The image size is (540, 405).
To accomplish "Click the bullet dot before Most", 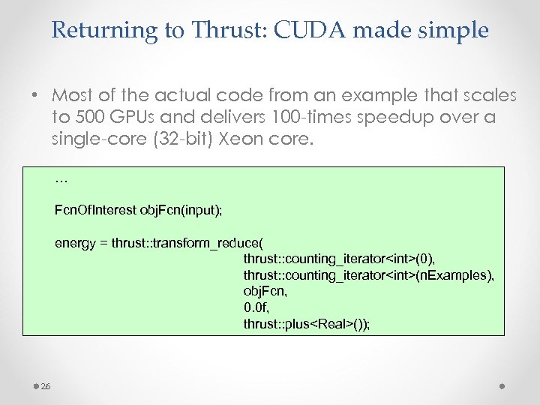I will pyautogui.click(x=35, y=96).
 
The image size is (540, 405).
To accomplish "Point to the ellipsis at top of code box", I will pyautogui.click(x=61, y=180).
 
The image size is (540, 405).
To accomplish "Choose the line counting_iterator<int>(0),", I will pyautogui.click(x=339, y=259).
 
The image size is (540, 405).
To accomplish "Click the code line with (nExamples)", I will pyautogui.click(x=368, y=275).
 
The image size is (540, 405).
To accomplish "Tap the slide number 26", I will pyautogui.click(x=45, y=386).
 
